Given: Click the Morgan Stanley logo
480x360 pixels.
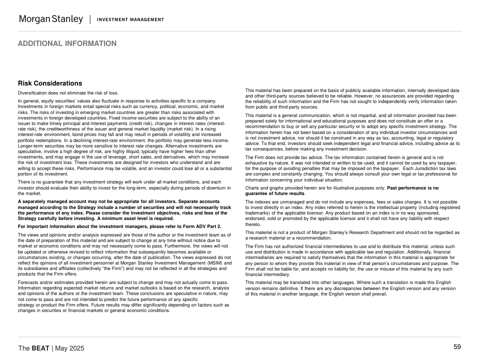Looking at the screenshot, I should point(50,19).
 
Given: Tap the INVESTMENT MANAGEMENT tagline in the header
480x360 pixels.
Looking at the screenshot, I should point(130,19).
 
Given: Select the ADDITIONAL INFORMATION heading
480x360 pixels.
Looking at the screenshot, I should point(67,43).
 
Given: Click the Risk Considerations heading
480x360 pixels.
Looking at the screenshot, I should point(50,83).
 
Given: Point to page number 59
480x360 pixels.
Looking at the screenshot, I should point(457,347).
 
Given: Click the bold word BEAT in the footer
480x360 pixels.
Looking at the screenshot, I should point(40,348).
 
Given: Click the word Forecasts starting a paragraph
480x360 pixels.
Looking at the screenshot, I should point(28,282).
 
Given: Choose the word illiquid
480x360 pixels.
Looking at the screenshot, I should point(125,151).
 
